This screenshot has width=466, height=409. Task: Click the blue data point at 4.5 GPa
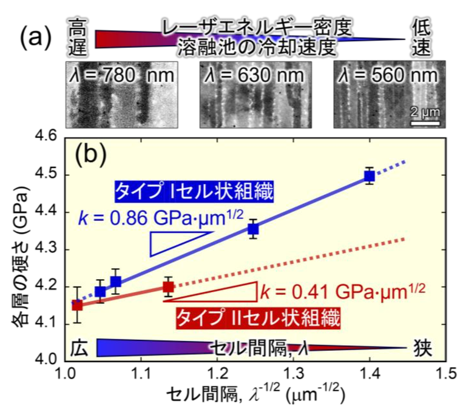[369, 176]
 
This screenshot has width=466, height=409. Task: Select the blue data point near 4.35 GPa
[253, 229]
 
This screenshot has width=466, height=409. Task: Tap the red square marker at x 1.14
[169, 286]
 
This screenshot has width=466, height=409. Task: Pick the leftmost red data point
[77, 305]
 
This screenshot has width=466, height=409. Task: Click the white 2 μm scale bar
[421, 123]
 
